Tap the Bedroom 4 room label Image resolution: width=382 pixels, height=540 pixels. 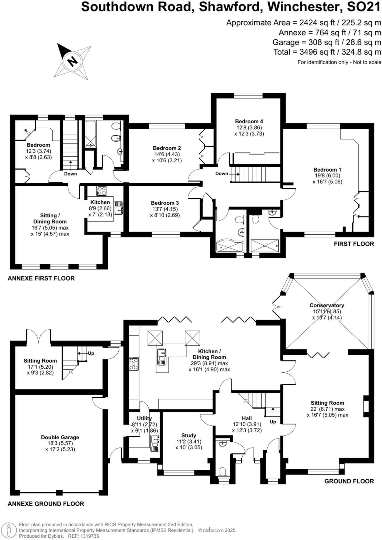249,121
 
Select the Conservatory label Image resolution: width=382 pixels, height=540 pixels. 327,305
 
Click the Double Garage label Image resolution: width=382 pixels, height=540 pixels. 60,437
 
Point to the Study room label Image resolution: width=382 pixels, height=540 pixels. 189,435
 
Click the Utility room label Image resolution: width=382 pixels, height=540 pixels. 144,418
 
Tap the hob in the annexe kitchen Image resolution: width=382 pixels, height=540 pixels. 101,191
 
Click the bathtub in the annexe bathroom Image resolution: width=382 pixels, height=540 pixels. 90,134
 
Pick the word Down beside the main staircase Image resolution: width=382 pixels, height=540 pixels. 221,173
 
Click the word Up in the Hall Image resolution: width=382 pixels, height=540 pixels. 273,422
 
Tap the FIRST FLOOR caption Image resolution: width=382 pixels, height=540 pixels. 354,244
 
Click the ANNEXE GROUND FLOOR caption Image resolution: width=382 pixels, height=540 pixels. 46,504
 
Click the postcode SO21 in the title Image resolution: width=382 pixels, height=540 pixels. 364,7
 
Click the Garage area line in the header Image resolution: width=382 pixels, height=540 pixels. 327,42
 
